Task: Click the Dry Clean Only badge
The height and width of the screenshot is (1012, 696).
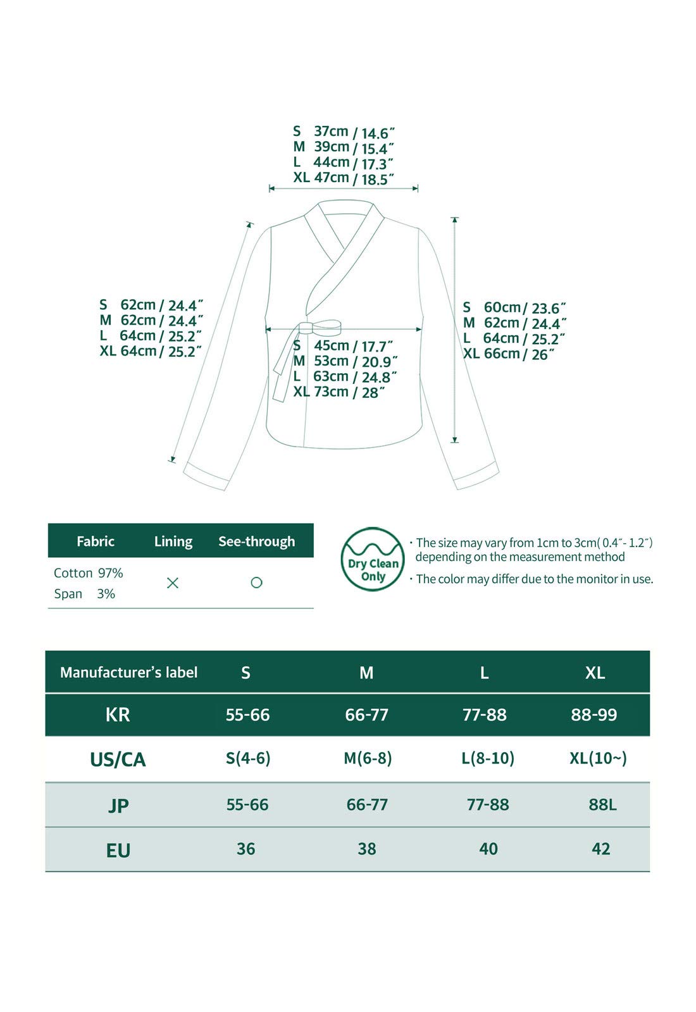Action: click(372, 560)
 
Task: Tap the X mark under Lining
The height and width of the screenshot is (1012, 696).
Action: click(172, 583)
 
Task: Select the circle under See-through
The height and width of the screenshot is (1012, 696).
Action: click(256, 583)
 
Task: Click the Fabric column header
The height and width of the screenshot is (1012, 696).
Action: click(96, 541)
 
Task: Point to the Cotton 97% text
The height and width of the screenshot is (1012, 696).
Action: click(89, 573)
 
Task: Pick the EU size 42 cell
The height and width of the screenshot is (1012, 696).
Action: click(600, 849)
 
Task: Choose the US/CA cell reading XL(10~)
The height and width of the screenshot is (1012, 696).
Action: click(598, 758)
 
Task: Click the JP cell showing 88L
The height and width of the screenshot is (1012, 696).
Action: click(602, 805)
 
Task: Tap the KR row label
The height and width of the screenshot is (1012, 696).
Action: click(118, 715)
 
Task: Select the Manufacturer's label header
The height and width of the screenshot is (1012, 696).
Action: click(128, 672)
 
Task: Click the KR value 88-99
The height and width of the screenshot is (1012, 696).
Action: click(593, 715)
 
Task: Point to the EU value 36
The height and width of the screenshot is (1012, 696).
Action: click(245, 849)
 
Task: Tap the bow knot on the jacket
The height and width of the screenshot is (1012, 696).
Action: click(320, 328)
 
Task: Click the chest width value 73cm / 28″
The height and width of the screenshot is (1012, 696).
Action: click(339, 392)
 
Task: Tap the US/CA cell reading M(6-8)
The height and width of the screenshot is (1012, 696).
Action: click(368, 758)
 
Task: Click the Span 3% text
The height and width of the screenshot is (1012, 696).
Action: click(84, 594)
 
